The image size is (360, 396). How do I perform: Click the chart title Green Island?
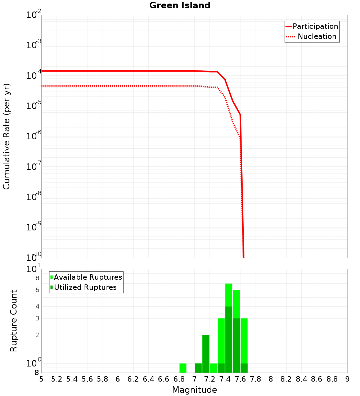tap(180, 5)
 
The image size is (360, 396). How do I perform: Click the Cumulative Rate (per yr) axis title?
tap(6, 136)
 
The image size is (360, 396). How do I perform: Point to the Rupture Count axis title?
tap(14, 321)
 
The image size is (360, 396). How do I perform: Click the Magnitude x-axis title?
tap(194, 390)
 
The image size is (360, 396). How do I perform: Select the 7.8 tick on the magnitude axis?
tap(256, 379)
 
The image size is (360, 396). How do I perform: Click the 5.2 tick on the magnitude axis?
tap(57, 379)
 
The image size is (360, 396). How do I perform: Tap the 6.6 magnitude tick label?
tap(164, 379)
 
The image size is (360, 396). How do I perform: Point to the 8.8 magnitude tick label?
tap(332, 379)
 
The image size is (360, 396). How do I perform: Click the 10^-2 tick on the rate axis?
tap(34, 15)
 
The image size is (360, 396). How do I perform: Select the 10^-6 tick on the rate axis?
tap(34, 136)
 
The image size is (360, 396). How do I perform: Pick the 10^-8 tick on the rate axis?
tap(34, 197)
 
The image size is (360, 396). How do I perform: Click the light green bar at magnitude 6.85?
tap(183, 368)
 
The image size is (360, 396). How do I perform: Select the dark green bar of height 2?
tap(206, 354)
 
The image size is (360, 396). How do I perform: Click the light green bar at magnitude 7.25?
tap(213, 368)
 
